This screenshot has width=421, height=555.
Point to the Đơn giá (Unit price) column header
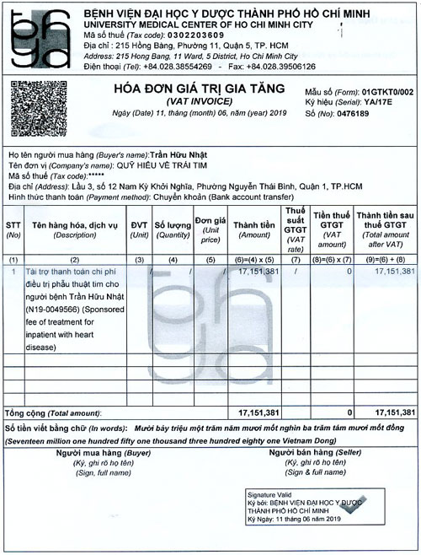pyautogui.click(x=210, y=229)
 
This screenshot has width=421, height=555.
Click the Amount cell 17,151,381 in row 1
pyautogui.click(x=258, y=272)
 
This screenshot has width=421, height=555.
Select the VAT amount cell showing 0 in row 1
pyautogui.click(x=348, y=272)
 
